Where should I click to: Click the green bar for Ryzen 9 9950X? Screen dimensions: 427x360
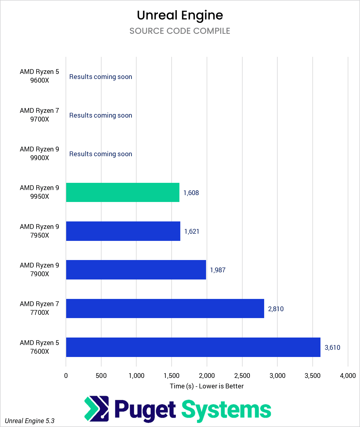point(122,192)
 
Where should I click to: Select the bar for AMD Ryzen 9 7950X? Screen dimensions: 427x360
point(123,231)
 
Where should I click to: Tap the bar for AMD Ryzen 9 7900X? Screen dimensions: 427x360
point(136,270)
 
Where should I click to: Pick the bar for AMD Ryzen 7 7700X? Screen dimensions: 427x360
point(165,308)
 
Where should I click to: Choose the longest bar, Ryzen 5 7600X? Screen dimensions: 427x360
point(193,347)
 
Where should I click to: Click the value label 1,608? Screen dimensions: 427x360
point(191,193)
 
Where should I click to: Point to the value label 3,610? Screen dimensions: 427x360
point(332,347)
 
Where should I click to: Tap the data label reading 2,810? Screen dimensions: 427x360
point(276,309)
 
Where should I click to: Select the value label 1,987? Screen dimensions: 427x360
point(218,270)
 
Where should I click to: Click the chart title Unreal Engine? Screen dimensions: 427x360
point(180,15)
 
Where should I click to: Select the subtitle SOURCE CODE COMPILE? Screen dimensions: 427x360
point(180,31)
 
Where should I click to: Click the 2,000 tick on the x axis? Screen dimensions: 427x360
point(207,376)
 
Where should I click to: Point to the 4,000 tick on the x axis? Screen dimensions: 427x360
point(348,376)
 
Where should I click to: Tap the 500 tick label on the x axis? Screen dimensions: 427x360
point(101,376)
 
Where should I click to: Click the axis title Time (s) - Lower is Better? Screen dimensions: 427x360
point(207,386)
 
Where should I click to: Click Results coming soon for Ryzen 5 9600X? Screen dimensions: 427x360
point(101,77)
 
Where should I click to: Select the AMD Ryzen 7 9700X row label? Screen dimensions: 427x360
point(40,115)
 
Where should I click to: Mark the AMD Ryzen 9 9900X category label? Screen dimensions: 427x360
point(40,154)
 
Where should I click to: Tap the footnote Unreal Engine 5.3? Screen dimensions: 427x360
point(30,421)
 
